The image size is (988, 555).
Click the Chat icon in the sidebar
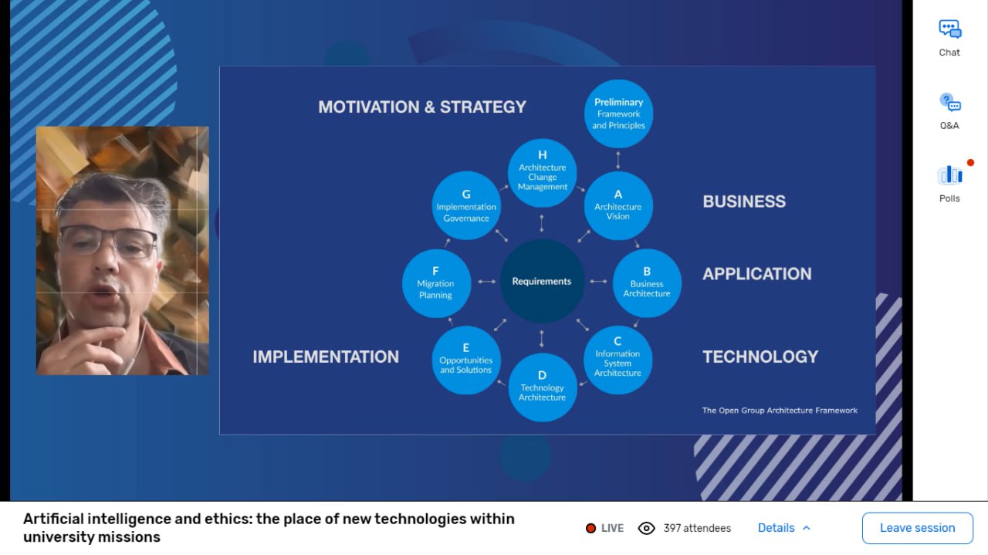tap(949, 29)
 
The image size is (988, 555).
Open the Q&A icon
tap(949, 103)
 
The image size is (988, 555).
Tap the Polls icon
tap(949, 174)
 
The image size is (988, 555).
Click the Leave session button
tap(918, 528)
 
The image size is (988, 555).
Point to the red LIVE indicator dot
tap(590, 528)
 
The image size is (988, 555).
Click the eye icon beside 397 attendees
tap(646, 528)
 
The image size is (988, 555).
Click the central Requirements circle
tap(542, 281)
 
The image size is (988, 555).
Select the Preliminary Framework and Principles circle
tap(618, 113)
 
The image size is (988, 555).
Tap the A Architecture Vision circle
tap(618, 205)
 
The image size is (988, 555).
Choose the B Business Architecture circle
tap(647, 283)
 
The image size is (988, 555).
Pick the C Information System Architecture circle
tap(617, 360)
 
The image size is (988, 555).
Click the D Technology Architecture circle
tap(542, 387)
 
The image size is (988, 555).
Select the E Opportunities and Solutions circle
tap(465, 360)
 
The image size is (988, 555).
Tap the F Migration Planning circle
tap(436, 283)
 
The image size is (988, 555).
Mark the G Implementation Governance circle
tap(466, 205)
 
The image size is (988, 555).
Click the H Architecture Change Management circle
tap(542, 173)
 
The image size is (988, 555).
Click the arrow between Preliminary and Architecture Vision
tap(618, 160)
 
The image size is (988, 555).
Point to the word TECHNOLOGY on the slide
tap(760, 357)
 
